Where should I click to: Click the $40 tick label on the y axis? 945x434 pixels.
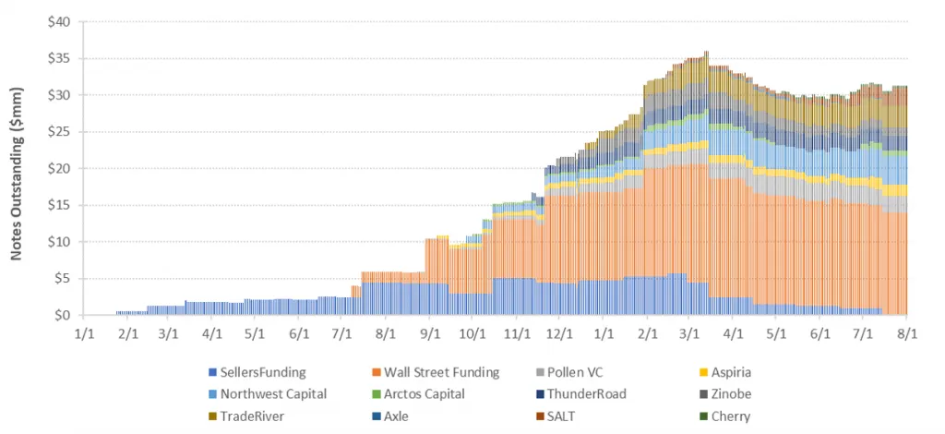point(59,22)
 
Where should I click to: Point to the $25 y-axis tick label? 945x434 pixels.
point(59,132)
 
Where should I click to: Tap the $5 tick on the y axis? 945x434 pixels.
point(62,279)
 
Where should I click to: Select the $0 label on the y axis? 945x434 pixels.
point(62,316)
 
